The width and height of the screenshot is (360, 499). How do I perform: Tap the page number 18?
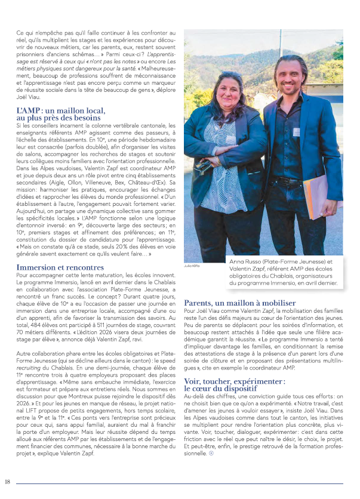click(x=8, y=482)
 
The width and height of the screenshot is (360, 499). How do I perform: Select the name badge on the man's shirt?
click(x=297, y=131)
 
